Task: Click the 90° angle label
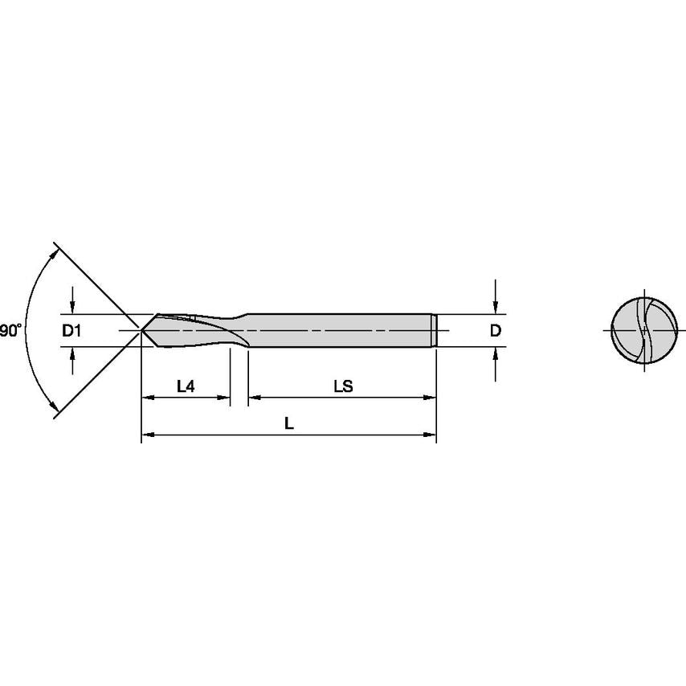9,330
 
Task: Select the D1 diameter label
72,330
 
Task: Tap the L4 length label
186,386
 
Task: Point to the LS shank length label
344,386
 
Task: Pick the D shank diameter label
496,330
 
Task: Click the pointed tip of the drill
143,330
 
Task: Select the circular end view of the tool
643,330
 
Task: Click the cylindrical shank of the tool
337,330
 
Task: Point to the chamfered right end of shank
435,330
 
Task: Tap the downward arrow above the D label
496,305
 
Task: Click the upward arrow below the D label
496,355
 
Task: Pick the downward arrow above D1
72,306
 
